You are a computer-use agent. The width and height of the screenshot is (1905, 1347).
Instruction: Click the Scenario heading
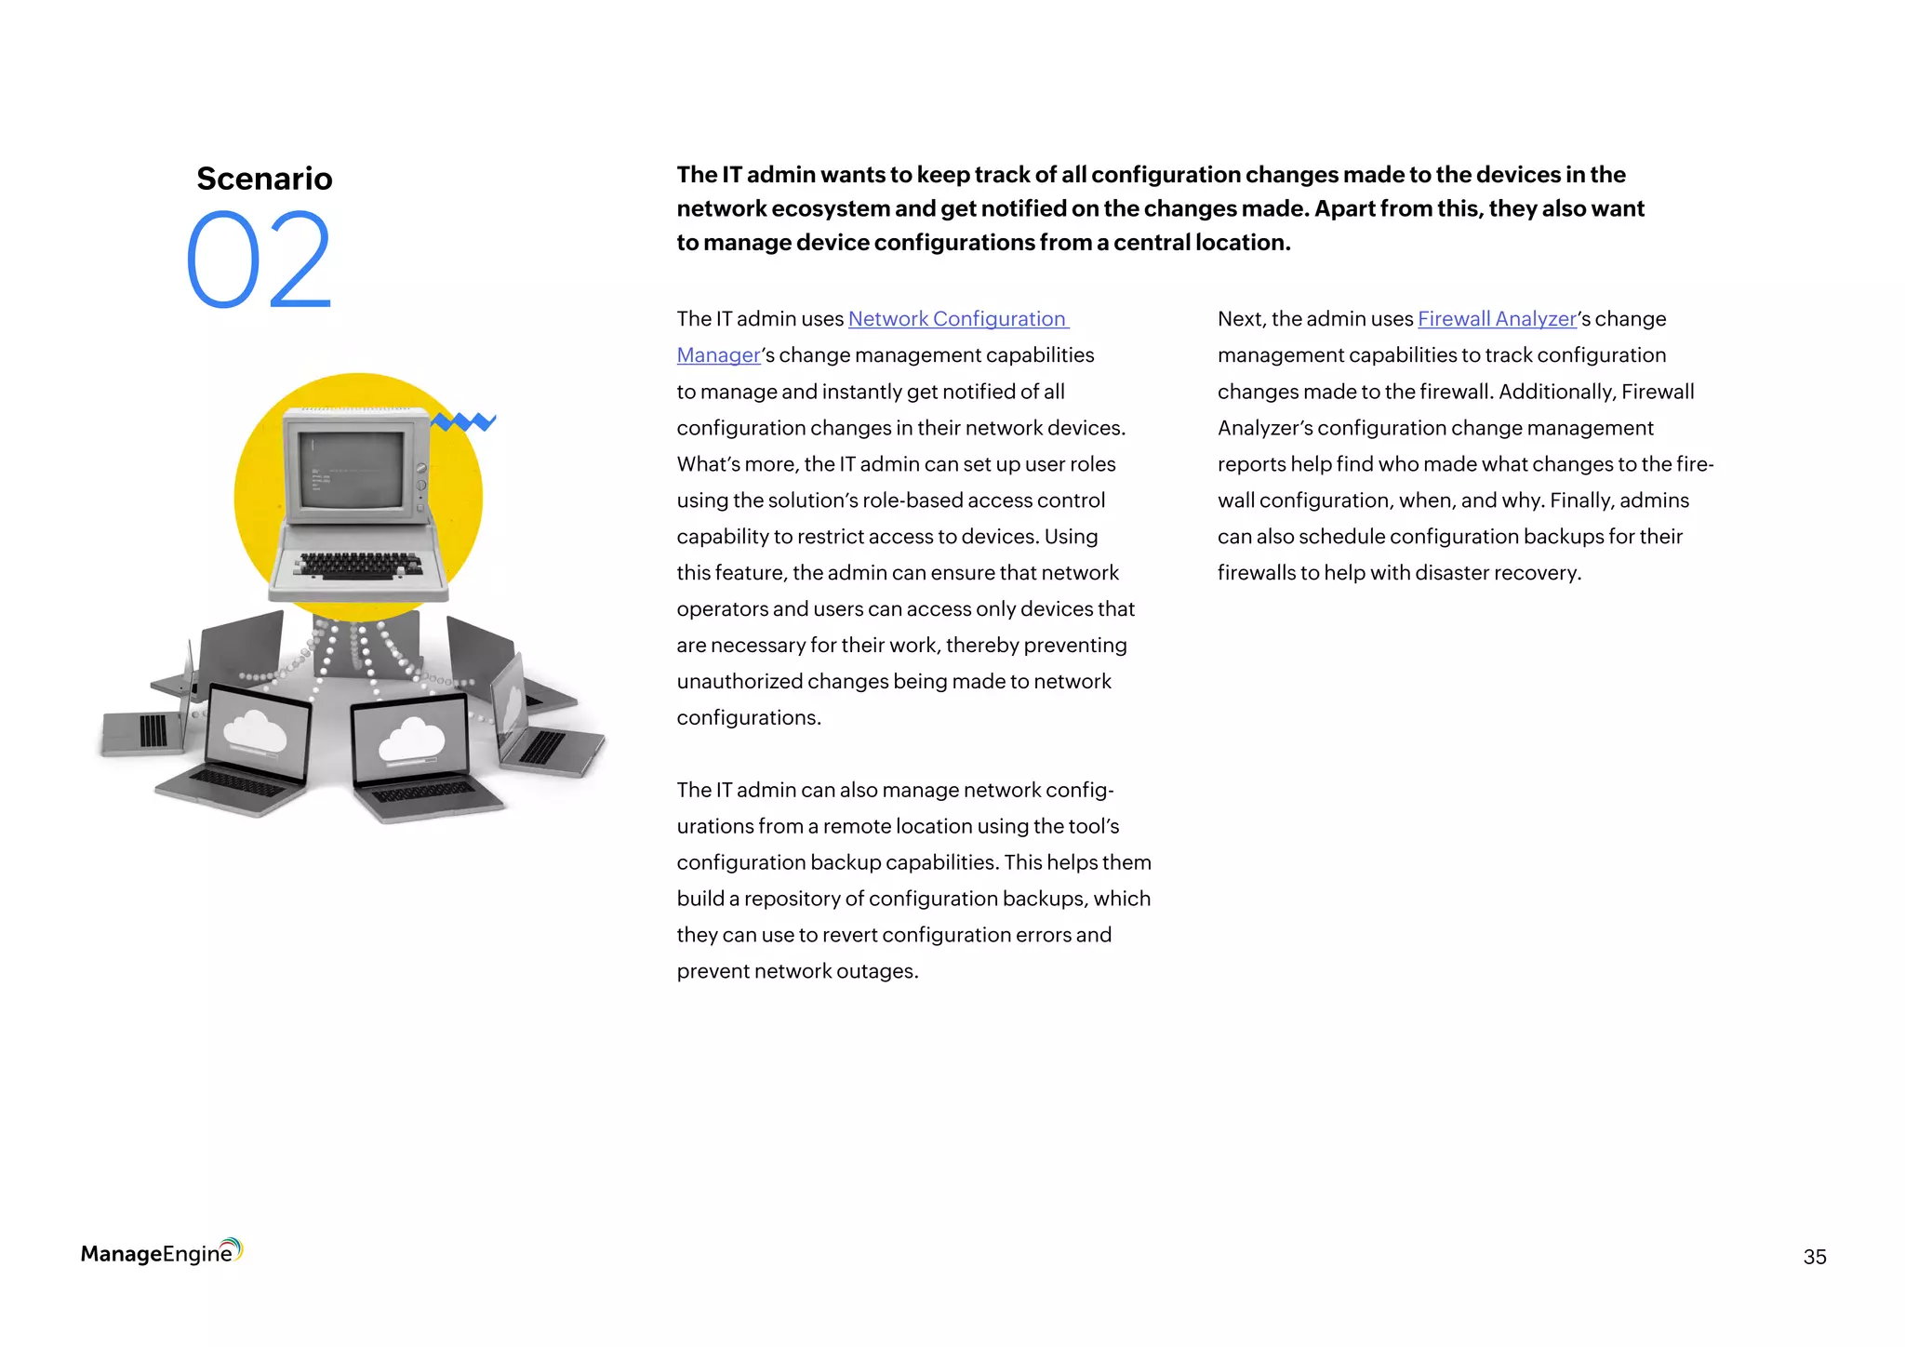[x=264, y=178]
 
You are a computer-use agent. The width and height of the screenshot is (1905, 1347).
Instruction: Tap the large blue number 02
[x=259, y=260]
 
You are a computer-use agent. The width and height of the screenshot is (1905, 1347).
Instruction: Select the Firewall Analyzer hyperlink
[x=1497, y=319]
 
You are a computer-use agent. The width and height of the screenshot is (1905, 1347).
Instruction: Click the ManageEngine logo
[x=161, y=1252]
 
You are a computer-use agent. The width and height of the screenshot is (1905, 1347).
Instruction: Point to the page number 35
[x=1814, y=1257]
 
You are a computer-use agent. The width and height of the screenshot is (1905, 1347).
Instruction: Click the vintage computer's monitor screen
[x=351, y=469]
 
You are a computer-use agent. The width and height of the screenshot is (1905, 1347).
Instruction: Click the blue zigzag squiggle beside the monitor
[x=463, y=422]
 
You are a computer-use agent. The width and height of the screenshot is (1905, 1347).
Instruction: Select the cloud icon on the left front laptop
[x=255, y=730]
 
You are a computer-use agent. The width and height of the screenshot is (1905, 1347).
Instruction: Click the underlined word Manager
[x=718, y=355]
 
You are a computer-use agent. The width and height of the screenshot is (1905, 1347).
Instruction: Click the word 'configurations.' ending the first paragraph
[x=749, y=718]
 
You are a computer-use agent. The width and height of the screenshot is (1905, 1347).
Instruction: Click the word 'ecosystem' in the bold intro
[x=830, y=208]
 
